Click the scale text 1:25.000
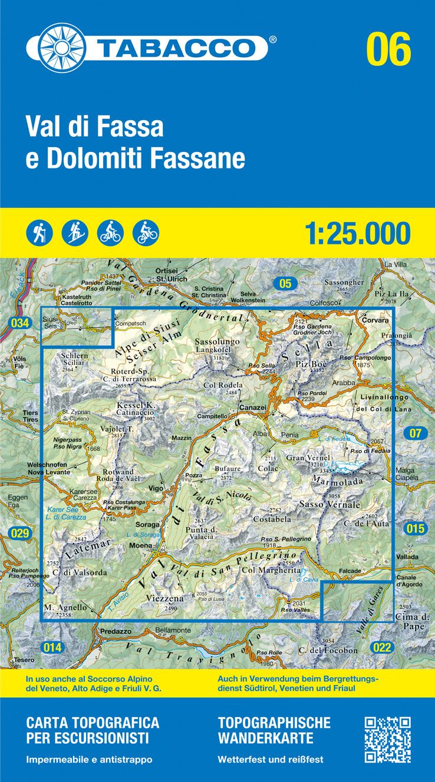pos(357,233)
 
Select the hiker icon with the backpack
pos(39,233)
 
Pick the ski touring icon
pos(74,233)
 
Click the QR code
pos(387,739)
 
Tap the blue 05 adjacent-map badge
pos(285,284)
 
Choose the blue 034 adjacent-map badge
pos(19,323)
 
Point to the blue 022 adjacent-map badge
pos(382,648)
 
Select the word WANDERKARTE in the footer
pos(265,738)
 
